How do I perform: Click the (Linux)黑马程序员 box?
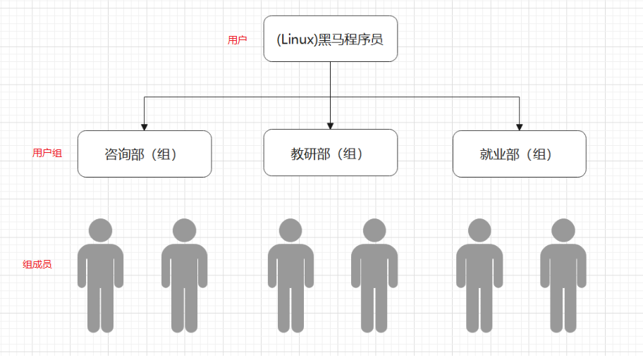[x=331, y=39]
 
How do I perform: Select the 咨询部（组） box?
[x=145, y=154]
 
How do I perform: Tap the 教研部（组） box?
[x=331, y=153]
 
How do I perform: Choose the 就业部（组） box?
[x=519, y=154]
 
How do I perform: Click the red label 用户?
[x=237, y=40]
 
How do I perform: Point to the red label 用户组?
[x=47, y=153]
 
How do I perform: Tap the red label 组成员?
[x=37, y=265]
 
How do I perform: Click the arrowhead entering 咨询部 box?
[x=145, y=127]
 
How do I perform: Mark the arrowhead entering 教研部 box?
[x=331, y=126]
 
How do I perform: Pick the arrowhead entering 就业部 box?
[x=520, y=127]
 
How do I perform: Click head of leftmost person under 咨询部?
[x=100, y=230]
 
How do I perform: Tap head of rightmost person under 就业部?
[x=563, y=230]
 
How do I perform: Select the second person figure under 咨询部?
[x=184, y=275]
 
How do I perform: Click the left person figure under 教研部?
[x=290, y=275]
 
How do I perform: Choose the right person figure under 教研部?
[x=374, y=275]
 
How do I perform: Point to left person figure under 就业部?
[x=479, y=275]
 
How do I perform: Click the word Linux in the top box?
[x=297, y=39]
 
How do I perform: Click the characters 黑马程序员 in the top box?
[x=351, y=39]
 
